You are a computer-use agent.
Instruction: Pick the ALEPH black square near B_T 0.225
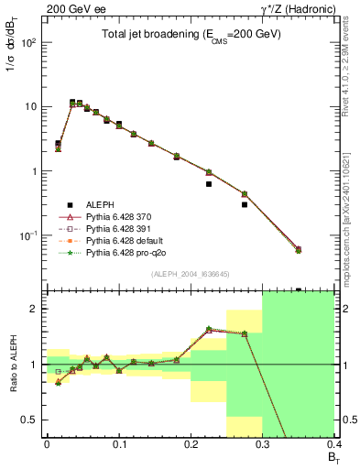(x=209, y=184)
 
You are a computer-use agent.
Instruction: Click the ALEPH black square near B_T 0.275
(x=245, y=204)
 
